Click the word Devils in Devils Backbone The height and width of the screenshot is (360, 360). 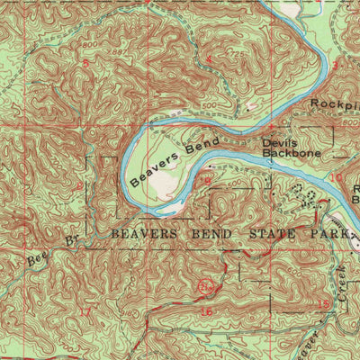[279, 142]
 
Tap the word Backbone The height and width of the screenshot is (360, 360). [285, 153]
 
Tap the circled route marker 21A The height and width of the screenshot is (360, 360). [206, 287]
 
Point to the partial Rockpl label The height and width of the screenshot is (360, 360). [334, 103]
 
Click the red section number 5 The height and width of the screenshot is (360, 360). [86, 64]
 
